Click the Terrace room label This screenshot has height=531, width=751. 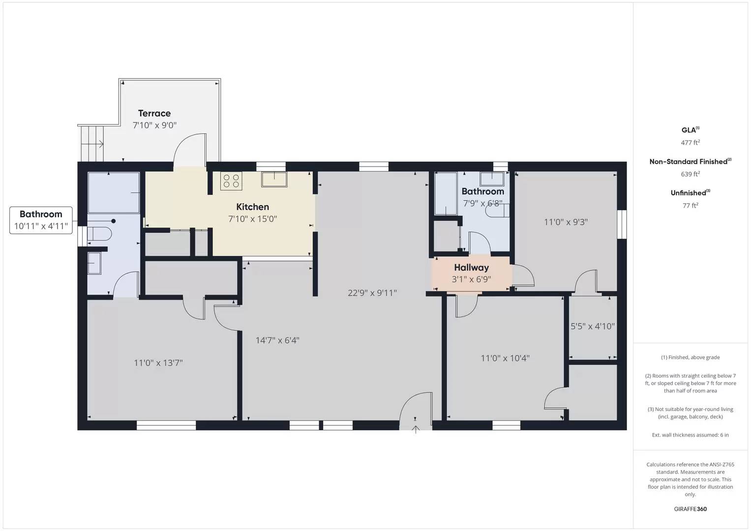[x=154, y=114]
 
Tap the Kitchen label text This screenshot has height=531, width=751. [x=252, y=207]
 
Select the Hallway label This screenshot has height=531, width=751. [x=471, y=267]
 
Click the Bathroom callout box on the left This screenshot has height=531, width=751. [x=41, y=220]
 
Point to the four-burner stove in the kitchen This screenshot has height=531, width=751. [x=231, y=181]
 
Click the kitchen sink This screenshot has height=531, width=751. [x=274, y=179]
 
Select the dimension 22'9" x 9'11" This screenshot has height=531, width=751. [x=372, y=293]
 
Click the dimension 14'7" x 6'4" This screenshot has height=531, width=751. [x=277, y=340]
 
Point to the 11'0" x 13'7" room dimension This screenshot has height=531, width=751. [x=158, y=363]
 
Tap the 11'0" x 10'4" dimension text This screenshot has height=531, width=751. [x=505, y=358]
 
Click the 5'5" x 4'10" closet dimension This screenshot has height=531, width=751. [x=592, y=326]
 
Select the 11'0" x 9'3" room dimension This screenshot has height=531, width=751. [x=566, y=222]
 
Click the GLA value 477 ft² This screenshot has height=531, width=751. [x=690, y=143]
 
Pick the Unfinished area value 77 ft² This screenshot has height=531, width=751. [x=690, y=206]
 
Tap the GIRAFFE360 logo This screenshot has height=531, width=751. [x=690, y=509]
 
